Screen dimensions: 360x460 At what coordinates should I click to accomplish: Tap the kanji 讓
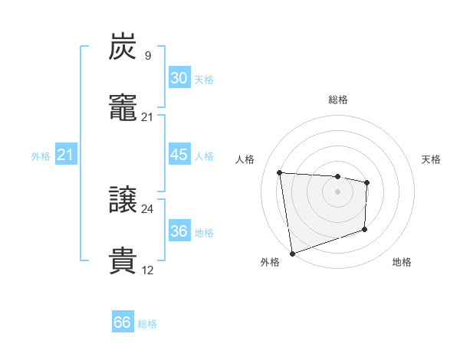click(x=123, y=201)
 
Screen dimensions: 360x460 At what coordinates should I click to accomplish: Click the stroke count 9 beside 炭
click(x=147, y=55)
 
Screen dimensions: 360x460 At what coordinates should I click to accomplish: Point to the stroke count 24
click(x=147, y=208)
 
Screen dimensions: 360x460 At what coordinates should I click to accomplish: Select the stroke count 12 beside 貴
click(x=147, y=270)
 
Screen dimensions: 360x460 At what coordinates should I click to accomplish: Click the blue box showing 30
click(x=179, y=78)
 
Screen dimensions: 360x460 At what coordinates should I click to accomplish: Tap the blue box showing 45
click(x=179, y=155)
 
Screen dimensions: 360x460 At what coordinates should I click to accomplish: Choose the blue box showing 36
click(x=179, y=231)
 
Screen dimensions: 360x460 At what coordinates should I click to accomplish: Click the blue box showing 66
click(x=123, y=322)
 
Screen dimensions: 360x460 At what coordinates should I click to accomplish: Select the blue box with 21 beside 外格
click(x=65, y=155)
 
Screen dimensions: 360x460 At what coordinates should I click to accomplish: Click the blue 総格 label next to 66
click(x=147, y=324)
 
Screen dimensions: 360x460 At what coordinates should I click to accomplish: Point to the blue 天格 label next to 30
click(x=203, y=80)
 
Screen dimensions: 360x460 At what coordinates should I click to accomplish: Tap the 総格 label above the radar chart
click(x=337, y=100)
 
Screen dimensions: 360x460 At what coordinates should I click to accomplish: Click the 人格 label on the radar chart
click(x=246, y=159)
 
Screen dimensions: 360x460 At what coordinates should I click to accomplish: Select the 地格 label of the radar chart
click(x=402, y=262)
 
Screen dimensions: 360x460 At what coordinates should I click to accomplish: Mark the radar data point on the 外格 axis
click(x=292, y=253)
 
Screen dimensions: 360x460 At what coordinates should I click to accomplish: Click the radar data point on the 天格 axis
click(x=367, y=182)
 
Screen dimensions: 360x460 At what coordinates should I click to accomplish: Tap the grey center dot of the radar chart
click(x=337, y=191)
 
